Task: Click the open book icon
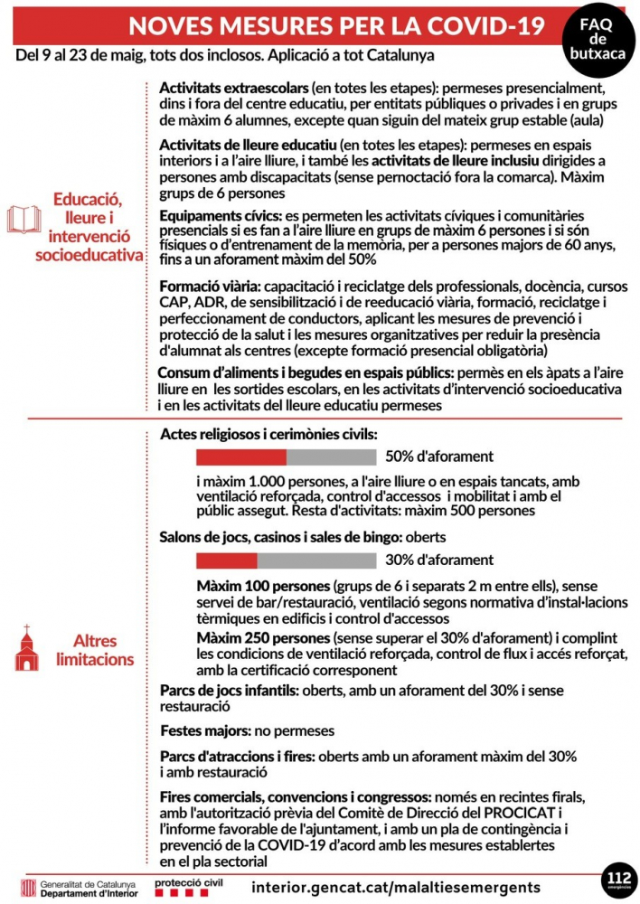24,220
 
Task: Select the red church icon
27,648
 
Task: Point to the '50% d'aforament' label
439,457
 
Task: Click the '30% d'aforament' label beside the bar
439,560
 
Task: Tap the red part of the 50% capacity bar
241,457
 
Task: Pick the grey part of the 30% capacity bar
316,560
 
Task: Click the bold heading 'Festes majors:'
204,730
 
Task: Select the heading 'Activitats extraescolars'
233,89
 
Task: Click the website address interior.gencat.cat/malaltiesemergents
398,887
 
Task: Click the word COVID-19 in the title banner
492,25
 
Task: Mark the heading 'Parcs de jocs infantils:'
229,691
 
